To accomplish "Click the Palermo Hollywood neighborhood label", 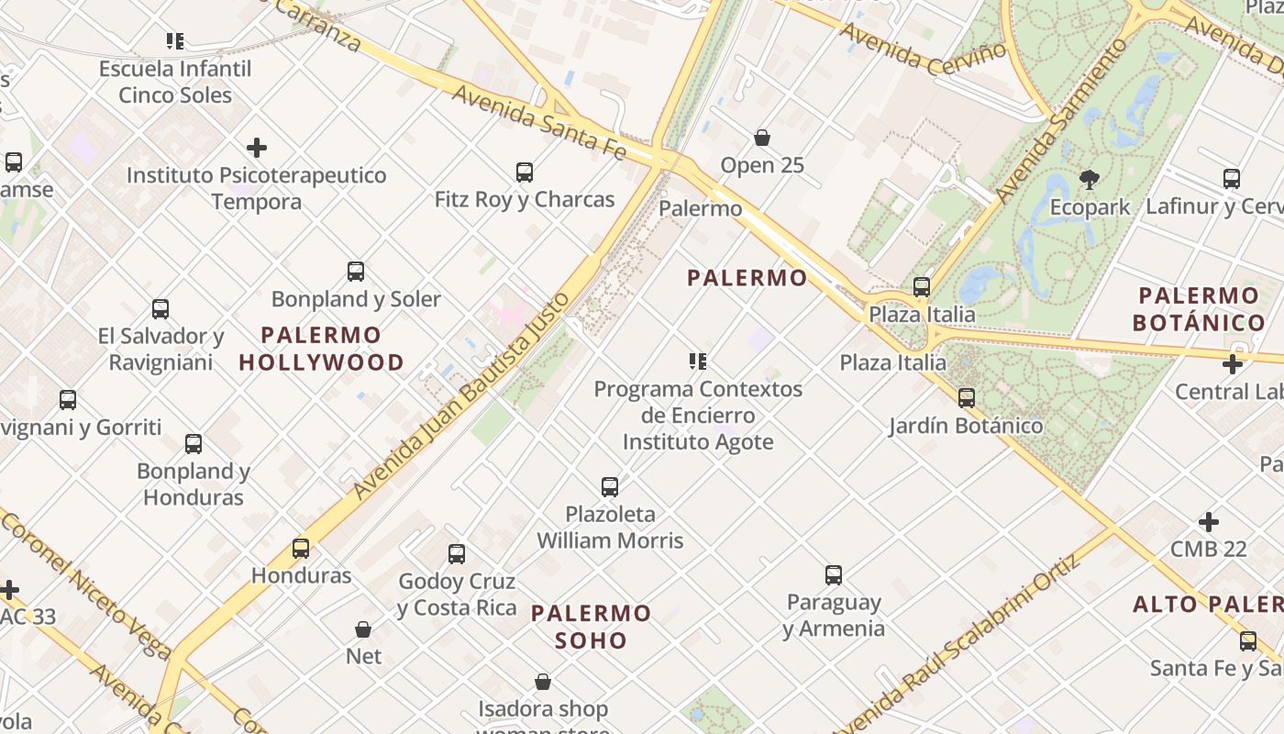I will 321,349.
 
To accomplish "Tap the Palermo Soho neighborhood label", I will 591,627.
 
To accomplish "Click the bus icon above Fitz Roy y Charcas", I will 525,172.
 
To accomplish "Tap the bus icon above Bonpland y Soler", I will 356,272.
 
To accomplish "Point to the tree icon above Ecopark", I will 1090,180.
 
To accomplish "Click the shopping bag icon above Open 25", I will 761,139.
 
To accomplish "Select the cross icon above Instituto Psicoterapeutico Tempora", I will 257,148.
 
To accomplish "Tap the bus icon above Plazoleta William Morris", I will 610,487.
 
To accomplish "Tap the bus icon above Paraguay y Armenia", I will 834,575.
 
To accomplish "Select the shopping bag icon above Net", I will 363,629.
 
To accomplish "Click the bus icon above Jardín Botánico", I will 966,398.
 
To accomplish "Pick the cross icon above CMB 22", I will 1209,522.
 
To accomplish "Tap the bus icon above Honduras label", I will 301,549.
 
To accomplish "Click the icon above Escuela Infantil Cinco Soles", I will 174,41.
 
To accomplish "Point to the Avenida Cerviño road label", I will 923,50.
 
